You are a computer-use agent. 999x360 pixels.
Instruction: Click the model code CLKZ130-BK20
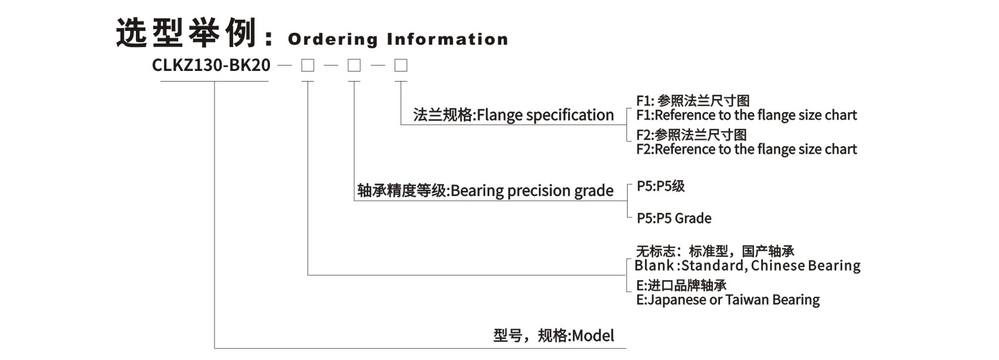point(211,65)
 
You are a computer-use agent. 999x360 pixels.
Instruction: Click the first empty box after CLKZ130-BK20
point(308,65)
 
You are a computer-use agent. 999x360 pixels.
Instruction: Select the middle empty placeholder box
point(354,65)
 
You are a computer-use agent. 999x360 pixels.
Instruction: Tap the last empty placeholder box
point(401,65)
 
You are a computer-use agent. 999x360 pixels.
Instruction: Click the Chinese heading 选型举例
point(187,33)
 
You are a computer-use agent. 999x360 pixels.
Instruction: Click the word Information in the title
point(448,39)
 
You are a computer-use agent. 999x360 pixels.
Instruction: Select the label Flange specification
point(545,115)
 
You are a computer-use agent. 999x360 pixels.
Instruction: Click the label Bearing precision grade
point(532,191)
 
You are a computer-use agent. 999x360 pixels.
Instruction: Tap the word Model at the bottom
point(593,336)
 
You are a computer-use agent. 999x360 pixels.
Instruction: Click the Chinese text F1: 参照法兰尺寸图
point(693,101)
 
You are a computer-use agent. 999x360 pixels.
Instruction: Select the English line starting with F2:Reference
point(746,149)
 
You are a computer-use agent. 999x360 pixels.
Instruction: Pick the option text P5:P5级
point(660,187)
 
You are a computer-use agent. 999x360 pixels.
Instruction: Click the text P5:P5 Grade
point(674,218)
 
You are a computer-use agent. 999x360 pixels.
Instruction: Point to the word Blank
point(654,266)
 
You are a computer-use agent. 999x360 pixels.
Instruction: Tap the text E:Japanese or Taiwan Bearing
point(727,300)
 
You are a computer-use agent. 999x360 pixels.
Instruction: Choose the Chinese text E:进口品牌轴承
point(681,285)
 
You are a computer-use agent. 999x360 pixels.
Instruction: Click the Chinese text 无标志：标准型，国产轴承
point(715,252)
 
